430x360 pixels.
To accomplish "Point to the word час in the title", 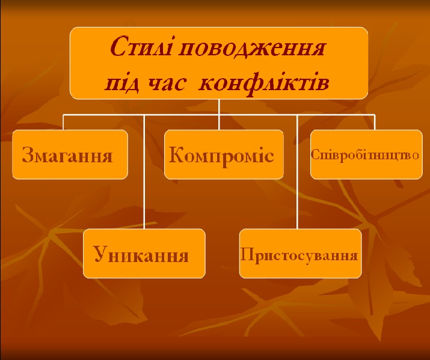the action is tap(167, 84).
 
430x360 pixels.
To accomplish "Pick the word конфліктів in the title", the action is tap(264, 83).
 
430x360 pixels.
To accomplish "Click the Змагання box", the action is tap(70, 154).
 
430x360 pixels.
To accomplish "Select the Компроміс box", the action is tap(224, 154).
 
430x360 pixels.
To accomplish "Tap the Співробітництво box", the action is tap(366, 154).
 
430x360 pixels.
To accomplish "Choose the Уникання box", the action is tap(144, 254).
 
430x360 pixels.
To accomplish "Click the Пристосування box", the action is tap(300, 254).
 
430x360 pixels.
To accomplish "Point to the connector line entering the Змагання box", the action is tap(63, 122).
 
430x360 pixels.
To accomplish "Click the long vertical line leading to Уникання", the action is tap(144, 172).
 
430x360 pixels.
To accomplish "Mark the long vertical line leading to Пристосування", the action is tap(297, 172).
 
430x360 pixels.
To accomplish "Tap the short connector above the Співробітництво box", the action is tap(375, 122).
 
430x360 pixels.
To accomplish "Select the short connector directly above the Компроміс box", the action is tap(219, 122).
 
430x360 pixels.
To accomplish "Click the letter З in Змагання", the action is tap(28, 154).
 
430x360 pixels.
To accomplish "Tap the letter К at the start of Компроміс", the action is tap(177, 154).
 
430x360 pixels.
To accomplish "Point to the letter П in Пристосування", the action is tap(247, 255).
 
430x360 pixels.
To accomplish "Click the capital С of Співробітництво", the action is tap(315, 154).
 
